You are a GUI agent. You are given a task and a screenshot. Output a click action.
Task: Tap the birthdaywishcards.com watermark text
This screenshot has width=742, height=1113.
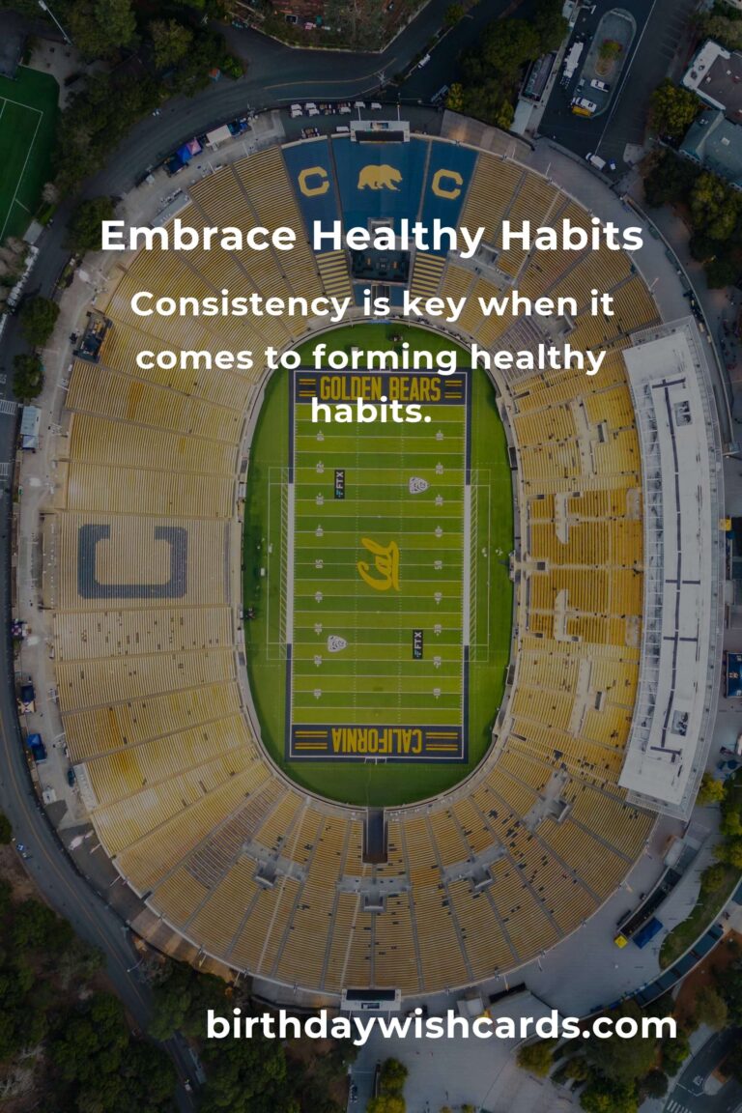[441, 1025]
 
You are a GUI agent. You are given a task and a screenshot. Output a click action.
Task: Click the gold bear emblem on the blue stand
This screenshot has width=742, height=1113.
[379, 177]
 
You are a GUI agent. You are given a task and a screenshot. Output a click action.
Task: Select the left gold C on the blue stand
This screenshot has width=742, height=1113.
[313, 182]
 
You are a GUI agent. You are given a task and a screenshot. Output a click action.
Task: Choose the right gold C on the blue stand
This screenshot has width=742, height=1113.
[446, 182]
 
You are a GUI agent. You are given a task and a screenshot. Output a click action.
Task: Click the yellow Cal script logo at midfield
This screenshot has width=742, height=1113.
[378, 564]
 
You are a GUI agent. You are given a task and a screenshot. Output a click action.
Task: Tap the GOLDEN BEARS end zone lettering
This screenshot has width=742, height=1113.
[380, 388]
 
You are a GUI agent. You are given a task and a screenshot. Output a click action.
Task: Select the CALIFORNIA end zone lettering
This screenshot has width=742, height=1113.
[378, 741]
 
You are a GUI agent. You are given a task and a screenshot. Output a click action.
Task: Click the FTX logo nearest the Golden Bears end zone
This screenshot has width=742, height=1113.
[339, 483]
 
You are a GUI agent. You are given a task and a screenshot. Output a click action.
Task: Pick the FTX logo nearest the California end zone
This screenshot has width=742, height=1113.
[417, 643]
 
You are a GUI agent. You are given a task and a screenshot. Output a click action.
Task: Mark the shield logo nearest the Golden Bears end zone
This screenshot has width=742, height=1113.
[417, 484]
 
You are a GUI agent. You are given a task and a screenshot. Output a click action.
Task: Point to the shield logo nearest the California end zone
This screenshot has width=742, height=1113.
[336, 643]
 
